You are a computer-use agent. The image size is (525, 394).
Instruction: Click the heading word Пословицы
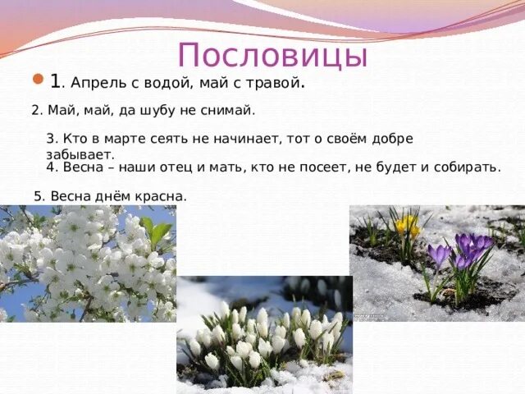[272, 55]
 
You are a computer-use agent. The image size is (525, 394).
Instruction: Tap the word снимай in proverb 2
[226, 110]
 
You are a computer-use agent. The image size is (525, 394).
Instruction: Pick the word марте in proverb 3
[121, 139]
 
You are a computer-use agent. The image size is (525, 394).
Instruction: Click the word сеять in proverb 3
[167, 139]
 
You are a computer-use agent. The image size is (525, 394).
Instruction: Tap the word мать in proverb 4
[216, 167]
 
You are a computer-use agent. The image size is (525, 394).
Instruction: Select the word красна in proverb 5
[162, 196]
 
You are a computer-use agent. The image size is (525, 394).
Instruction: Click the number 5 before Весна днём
[38, 196]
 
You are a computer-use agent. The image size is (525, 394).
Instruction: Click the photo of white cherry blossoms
[88, 263]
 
